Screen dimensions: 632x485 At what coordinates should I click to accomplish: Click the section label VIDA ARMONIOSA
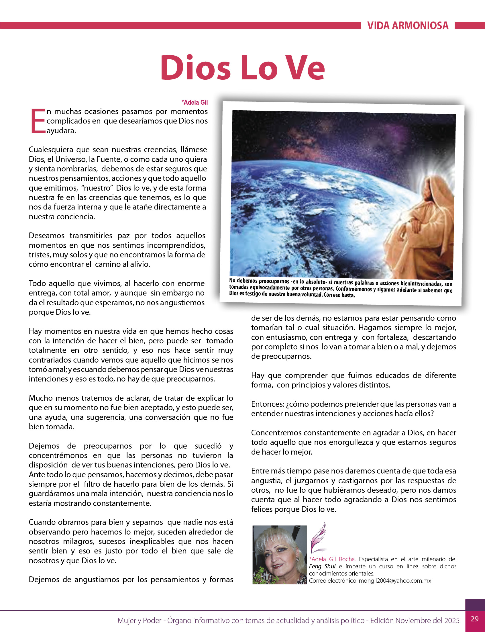pyautogui.click(x=408, y=26)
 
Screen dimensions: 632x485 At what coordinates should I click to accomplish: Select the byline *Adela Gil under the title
pyautogui.click(x=194, y=102)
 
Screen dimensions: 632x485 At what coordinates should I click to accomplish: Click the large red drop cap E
pyautogui.click(x=38, y=121)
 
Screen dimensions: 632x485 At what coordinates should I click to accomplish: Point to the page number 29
pyautogui.click(x=475, y=619)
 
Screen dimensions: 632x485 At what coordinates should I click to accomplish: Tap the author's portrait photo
pyautogui.click(x=279, y=555)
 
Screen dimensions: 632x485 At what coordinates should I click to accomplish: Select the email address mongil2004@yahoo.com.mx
pyautogui.click(x=395, y=581)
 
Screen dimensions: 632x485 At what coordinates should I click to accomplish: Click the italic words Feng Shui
pyautogui.click(x=322, y=566)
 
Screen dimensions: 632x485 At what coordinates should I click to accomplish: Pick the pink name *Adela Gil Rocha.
pyautogui.click(x=332, y=559)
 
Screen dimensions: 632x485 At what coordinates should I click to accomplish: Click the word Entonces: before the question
pyautogui.click(x=268, y=404)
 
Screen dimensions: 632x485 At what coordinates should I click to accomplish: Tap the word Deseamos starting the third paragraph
pyautogui.click(x=47, y=235)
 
